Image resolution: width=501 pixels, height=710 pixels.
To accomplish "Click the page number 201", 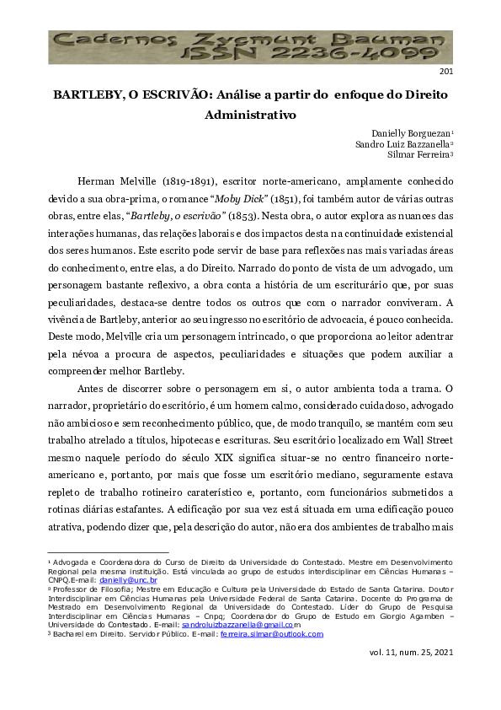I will tap(446, 72).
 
